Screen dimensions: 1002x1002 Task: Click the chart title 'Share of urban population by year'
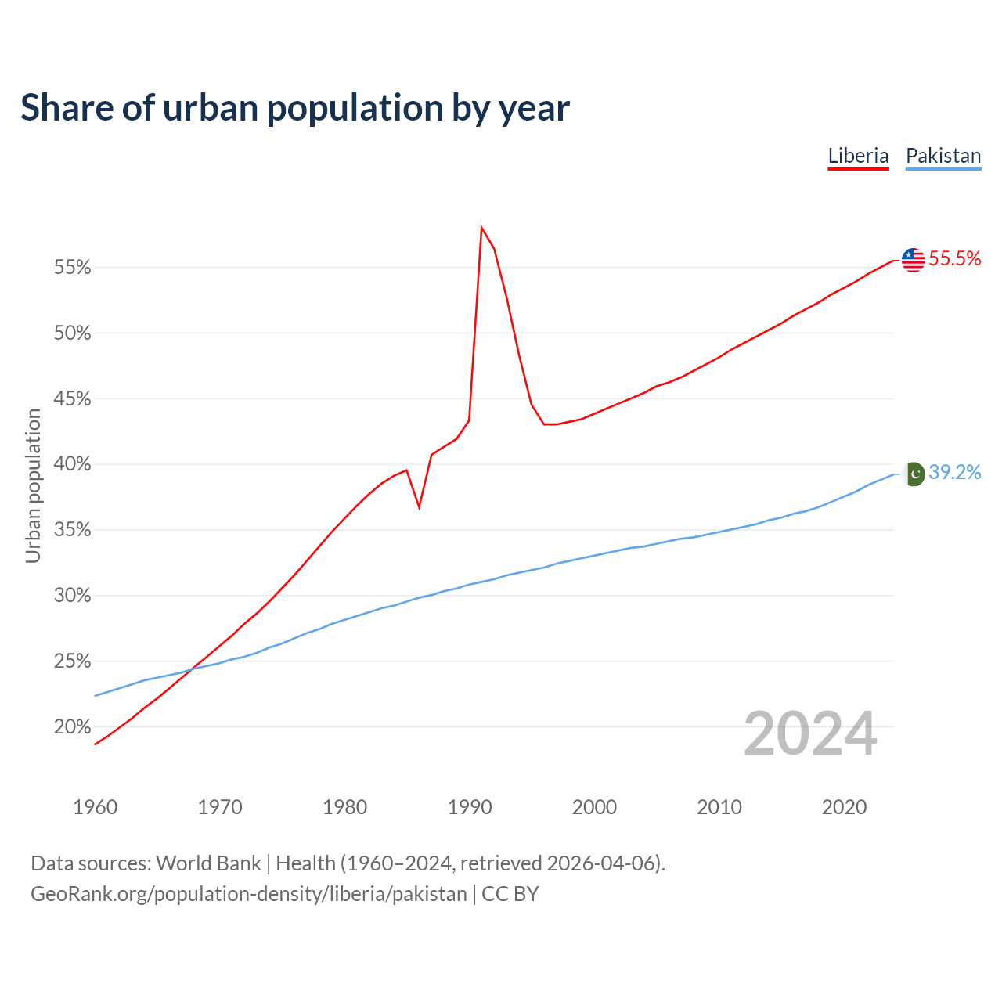coord(295,108)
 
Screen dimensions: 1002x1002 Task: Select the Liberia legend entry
coord(858,156)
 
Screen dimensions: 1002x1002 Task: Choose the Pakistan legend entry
coord(943,156)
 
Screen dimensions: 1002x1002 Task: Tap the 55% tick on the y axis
coord(73,268)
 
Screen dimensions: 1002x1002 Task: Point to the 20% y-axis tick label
coord(73,727)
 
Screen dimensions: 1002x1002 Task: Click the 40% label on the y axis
coord(73,464)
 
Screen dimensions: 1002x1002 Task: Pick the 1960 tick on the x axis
coord(95,807)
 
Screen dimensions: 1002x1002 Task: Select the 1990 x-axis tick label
coord(469,807)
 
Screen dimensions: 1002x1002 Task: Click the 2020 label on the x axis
coord(844,807)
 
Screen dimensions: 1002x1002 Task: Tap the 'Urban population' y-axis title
coord(33,485)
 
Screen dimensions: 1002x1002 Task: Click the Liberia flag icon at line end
coord(913,260)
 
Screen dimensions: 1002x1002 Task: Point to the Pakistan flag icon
coord(914,474)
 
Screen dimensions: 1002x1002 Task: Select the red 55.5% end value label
coord(955,259)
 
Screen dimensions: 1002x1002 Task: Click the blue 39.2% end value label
coord(955,473)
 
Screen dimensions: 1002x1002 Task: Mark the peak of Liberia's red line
coord(481,228)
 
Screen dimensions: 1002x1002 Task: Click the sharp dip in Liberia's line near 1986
coord(420,507)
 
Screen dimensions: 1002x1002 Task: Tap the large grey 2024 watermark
coord(810,734)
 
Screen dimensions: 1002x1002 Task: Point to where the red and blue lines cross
coord(193,667)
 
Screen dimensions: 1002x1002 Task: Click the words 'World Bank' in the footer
coord(208,863)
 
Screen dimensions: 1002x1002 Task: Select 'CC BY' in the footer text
coord(510,894)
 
